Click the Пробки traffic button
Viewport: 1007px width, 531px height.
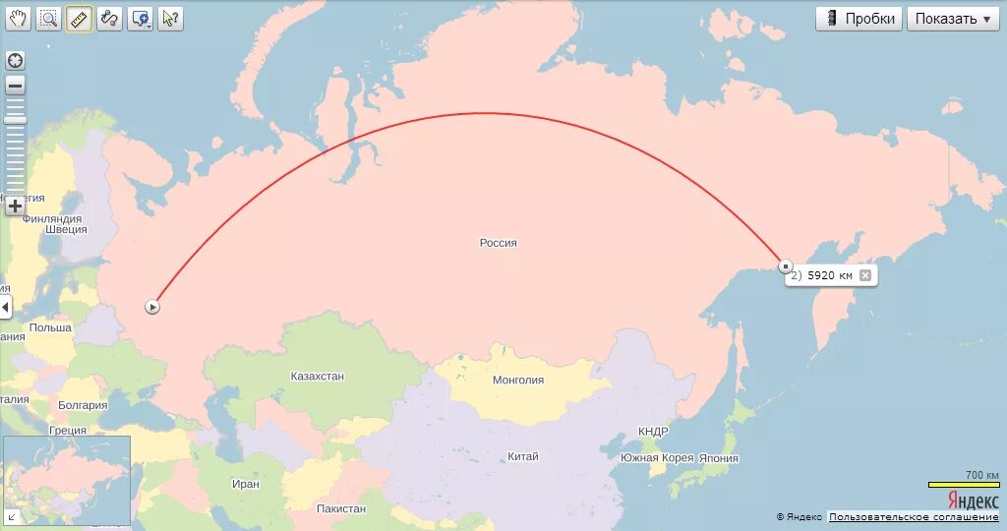coord(859,19)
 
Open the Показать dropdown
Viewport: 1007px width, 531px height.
coord(952,19)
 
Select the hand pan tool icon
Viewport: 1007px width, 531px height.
coord(19,18)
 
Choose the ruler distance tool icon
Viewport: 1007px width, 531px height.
coord(79,18)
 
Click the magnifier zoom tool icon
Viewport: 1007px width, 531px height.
coord(48,18)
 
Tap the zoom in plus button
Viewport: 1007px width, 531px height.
coord(15,206)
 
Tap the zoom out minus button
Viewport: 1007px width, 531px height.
coord(15,86)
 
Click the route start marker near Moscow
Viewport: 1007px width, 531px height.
coord(152,307)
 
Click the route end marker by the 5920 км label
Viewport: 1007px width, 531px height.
coord(785,266)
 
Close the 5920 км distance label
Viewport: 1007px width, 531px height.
coord(865,275)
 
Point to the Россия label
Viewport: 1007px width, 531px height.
coord(498,243)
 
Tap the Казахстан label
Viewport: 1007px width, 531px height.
coord(318,377)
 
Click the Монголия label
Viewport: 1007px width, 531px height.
coord(517,381)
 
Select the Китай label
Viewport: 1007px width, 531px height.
coord(522,456)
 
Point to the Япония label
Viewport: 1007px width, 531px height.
coord(719,458)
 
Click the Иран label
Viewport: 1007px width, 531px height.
coord(246,484)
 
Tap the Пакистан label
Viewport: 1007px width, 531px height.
coord(341,508)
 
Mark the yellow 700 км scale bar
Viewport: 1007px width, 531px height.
coord(964,485)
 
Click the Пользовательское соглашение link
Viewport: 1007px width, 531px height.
coord(914,517)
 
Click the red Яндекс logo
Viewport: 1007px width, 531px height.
coord(973,501)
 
